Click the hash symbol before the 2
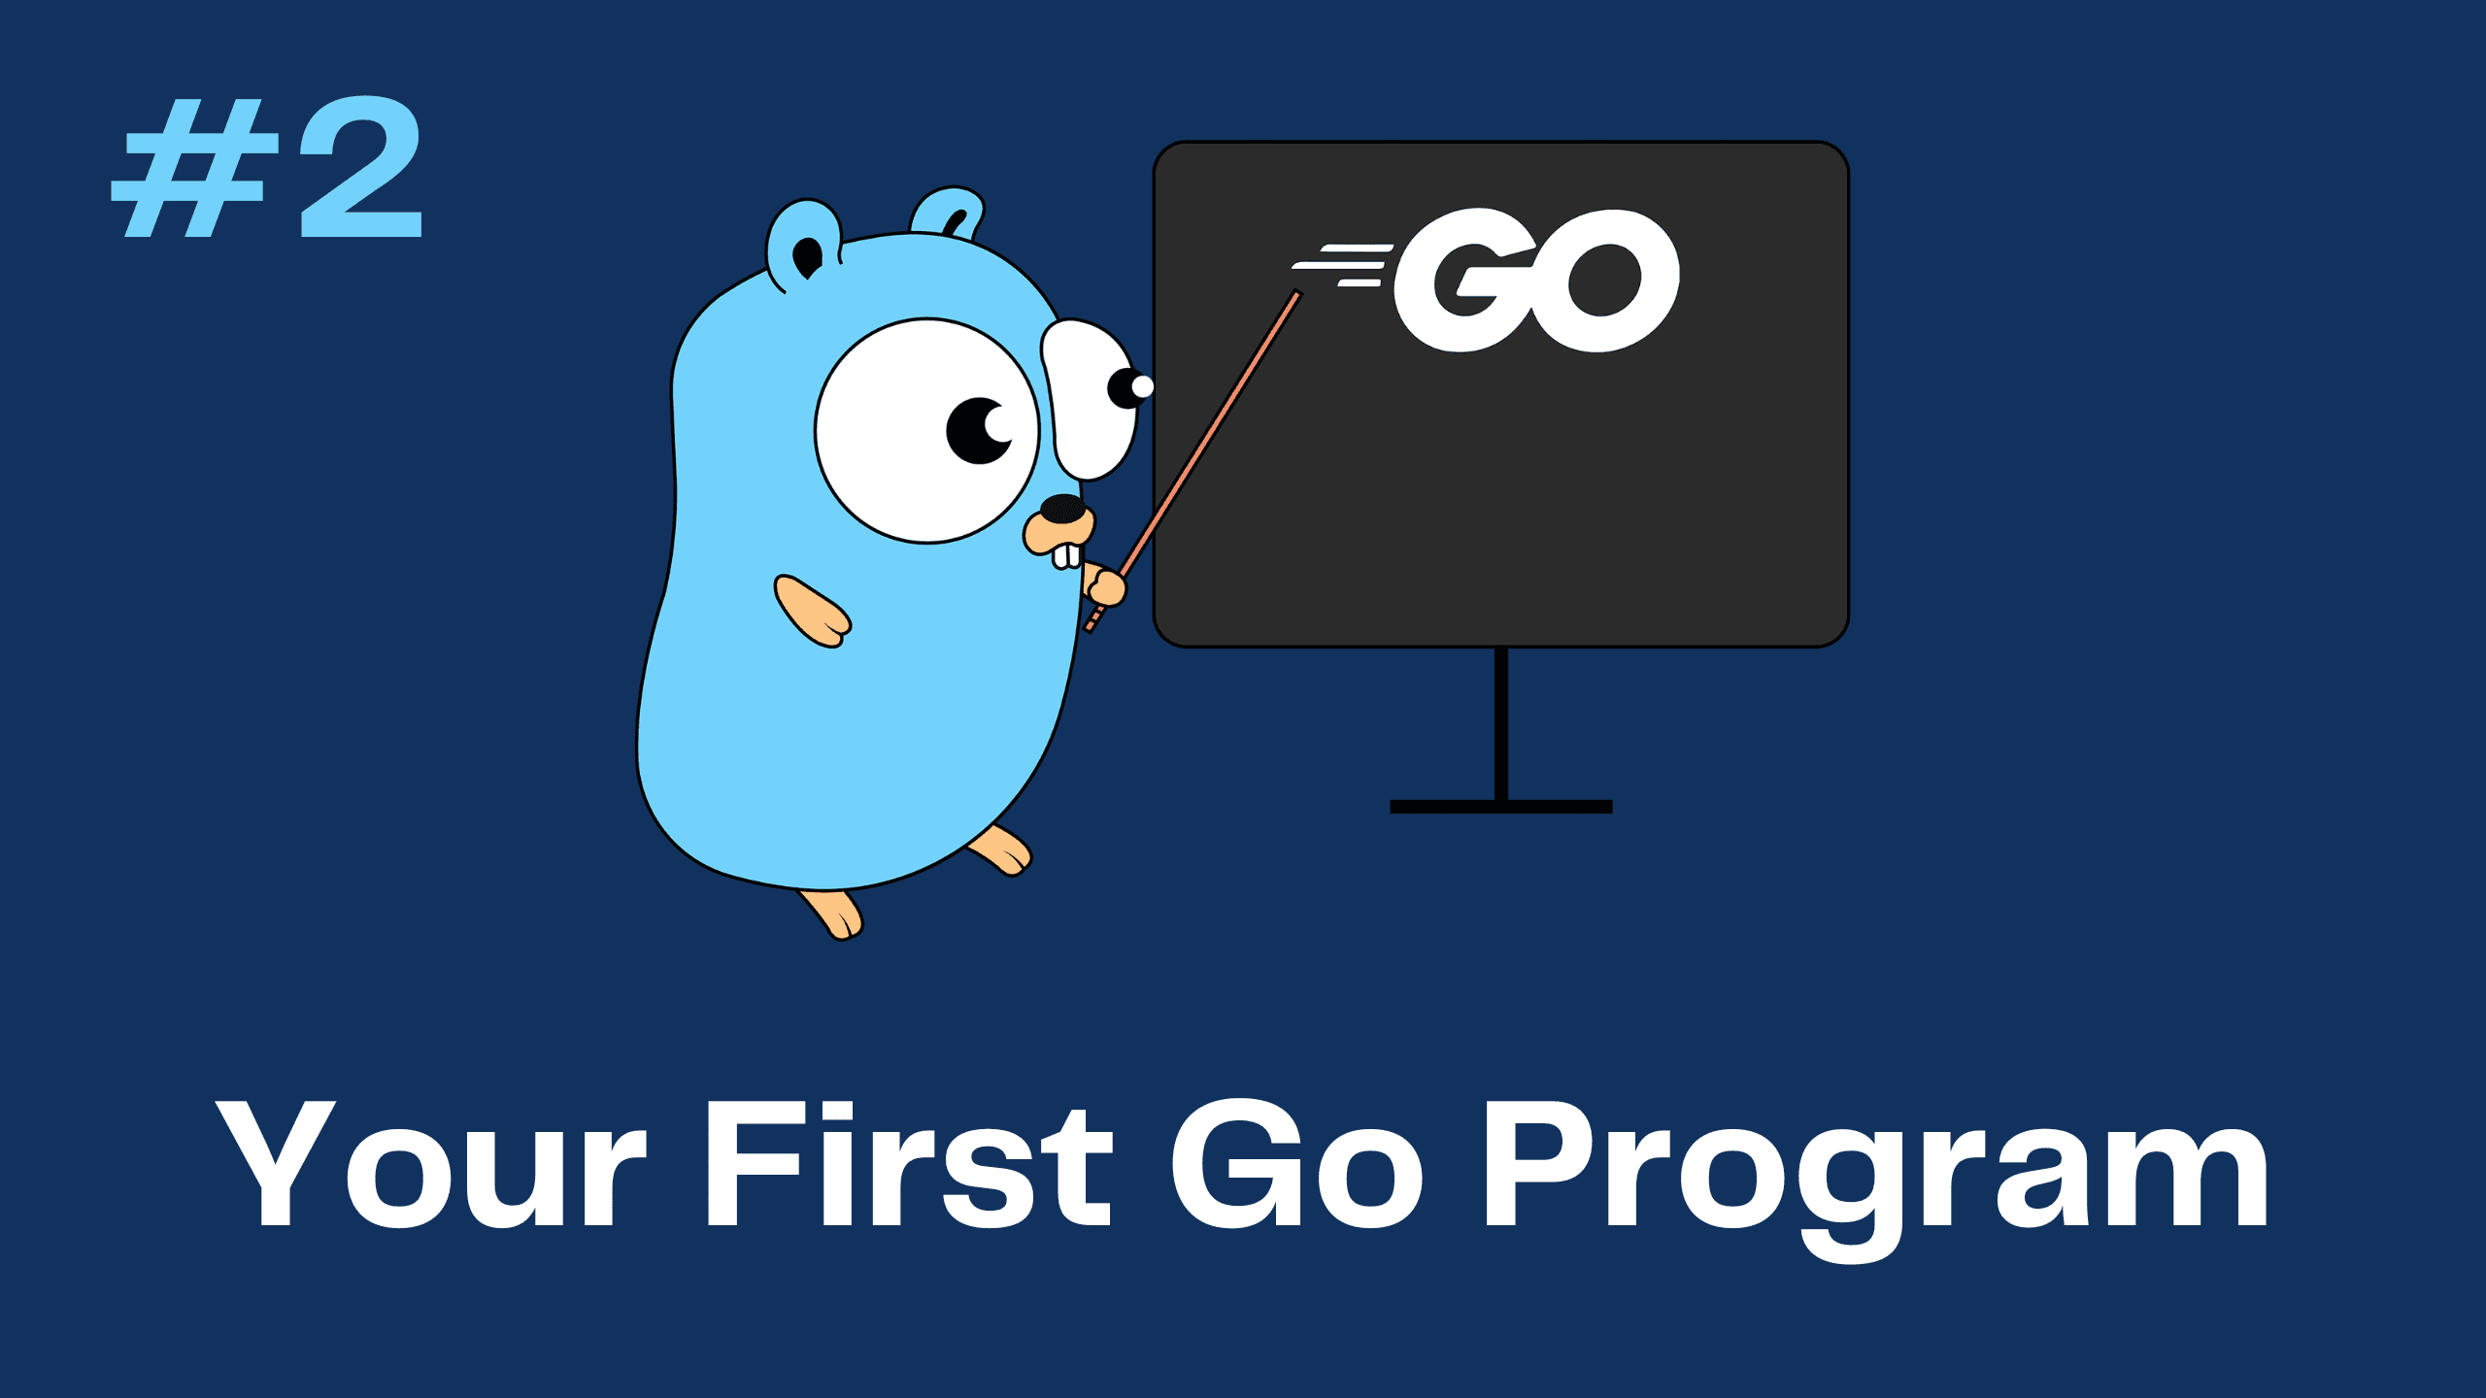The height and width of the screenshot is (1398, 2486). point(194,167)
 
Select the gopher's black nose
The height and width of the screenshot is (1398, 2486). point(1062,509)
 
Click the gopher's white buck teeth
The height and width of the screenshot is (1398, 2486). point(1066,556)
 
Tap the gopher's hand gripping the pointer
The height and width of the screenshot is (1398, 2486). point(1106,586)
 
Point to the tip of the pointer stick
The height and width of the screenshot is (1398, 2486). point(1296,294)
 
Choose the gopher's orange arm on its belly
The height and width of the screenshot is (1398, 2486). point(812,611)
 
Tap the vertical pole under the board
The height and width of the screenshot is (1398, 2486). point(1501,723)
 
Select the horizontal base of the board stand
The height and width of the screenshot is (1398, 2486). point(1501,807)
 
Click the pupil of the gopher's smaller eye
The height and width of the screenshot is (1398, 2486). point(1126,388)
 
